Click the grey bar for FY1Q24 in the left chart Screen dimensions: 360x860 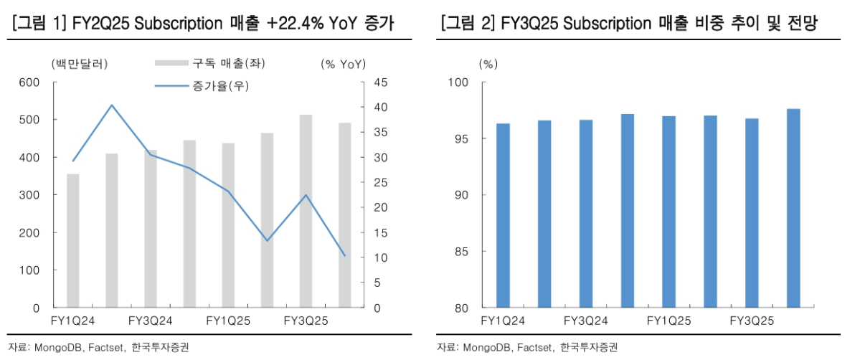(x=73, y=240)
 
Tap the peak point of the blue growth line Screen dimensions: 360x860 (x=111, y=105)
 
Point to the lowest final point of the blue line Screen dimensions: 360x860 (x=344, y=255)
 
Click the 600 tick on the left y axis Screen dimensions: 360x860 (x=30, y=82)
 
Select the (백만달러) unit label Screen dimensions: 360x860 (x=80, y=64)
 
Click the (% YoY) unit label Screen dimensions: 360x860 (x=342, y=64)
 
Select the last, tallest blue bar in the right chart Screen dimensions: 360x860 (x=793, y=208)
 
